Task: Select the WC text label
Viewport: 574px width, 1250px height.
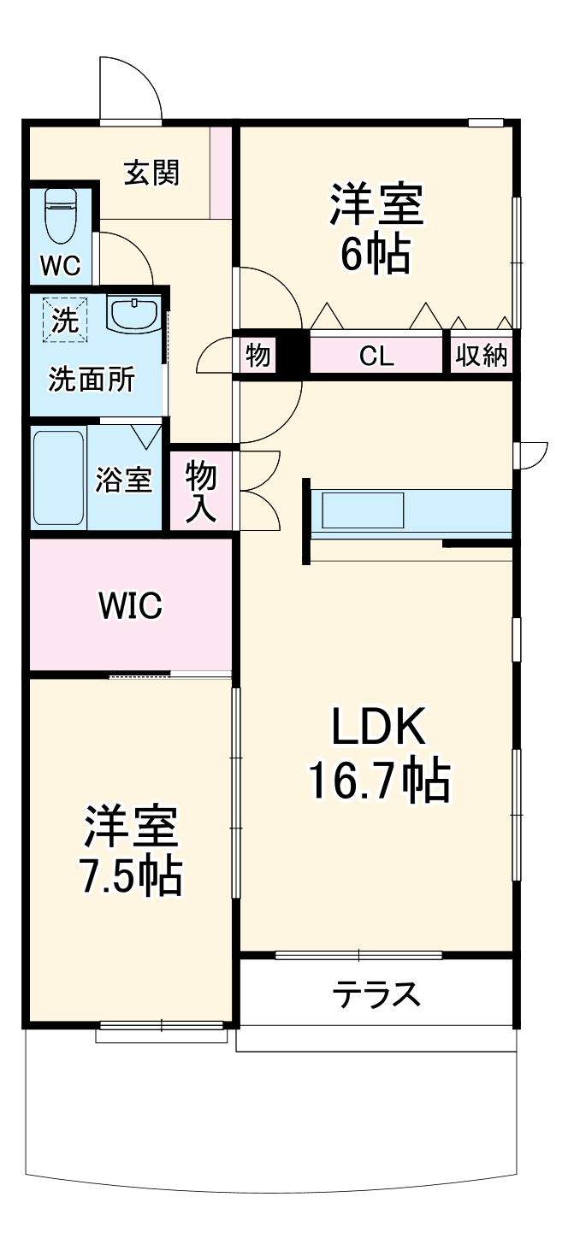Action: [61, 266]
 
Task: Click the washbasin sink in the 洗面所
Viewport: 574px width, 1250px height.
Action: [133, 314]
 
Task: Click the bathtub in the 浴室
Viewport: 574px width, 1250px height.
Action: [58, 479]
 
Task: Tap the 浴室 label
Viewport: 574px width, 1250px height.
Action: [123, 481]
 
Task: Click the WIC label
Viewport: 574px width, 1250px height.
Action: [130, 606]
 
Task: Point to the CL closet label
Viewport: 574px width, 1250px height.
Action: [376, 356]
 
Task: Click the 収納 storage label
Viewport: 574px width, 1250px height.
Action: [482, 356]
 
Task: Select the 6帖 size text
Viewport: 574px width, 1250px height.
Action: [376, 253]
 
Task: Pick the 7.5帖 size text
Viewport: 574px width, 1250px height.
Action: [130, 874]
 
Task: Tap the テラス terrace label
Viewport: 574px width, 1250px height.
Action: [377, 994]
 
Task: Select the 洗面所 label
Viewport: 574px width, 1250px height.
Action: [91, 379]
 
